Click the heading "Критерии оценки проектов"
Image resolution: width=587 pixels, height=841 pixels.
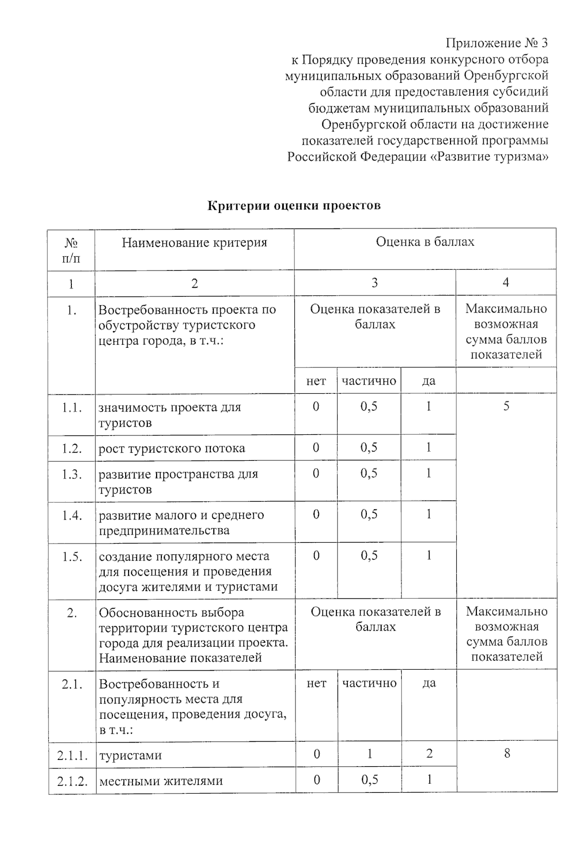click(x=294, y=205)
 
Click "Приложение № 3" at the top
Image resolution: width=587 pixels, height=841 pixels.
click(x=497, y=43)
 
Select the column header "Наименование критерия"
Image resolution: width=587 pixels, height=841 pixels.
click(x=194, y=243)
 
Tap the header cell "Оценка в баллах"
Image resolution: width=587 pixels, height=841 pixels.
click(x=425, y=242)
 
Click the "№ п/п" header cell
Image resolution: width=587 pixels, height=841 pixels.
click(x=71, y=250)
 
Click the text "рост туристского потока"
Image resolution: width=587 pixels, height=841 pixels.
click(x=172, y=448)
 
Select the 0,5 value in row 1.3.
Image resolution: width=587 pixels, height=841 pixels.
click(x=369, y=473)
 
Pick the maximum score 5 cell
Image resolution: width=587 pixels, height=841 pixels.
click(x=506, y=406)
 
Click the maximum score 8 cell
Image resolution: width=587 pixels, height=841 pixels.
click(x=507, y=753)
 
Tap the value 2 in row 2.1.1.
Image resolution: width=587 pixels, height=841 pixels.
click(x=429, y=753)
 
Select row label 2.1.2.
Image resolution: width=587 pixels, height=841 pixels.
click(x=72, y=781)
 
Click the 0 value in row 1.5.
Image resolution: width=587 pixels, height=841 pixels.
click(x=316, y=556)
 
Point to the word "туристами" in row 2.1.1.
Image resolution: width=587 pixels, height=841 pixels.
click(x=130, y=755)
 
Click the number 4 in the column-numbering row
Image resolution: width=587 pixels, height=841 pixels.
click(x=506, y=282)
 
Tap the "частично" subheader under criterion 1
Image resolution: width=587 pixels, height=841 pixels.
click(x=369, y=381)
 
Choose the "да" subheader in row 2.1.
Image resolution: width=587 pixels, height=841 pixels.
click(x=429, y=683)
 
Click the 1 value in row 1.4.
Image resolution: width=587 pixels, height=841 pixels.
click(x=429, y=514)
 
